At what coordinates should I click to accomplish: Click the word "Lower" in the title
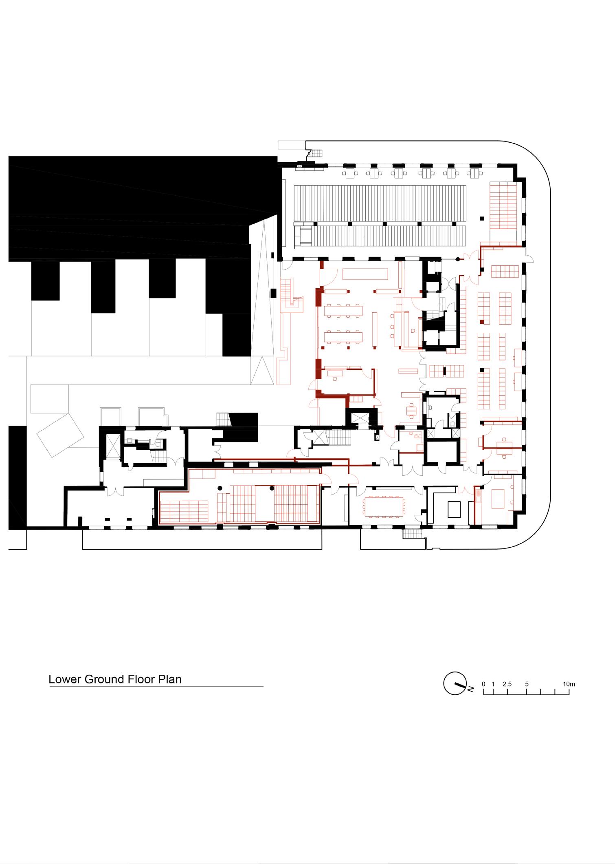point(65,679)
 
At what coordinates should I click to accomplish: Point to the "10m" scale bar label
point(569,684)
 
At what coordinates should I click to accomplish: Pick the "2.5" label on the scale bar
point(507,684)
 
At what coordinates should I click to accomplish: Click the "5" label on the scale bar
point(527,684)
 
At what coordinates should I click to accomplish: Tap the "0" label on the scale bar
point(483,684)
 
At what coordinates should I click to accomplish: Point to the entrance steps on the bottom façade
point(409,534)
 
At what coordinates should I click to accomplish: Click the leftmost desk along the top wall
point(349,173)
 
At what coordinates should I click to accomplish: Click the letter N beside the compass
point(470,689)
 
